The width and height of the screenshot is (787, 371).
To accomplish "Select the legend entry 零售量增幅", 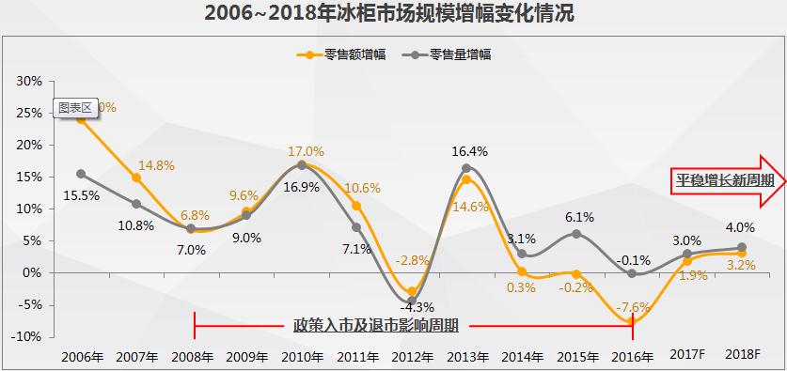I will [460, 54].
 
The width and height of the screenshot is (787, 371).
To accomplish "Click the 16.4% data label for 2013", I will [469, 150].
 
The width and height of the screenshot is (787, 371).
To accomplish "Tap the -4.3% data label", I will [411, 306].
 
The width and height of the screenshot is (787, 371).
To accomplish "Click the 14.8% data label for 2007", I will [156, 165].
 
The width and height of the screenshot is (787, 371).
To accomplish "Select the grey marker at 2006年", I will [81, 174].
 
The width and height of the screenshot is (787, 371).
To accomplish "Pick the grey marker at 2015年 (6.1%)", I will [577, 234].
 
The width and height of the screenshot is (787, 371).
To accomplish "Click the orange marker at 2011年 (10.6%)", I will [356, 206].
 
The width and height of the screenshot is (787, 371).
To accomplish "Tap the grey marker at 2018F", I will [742, 247].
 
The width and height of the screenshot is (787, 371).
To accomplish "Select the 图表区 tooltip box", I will [73, 107].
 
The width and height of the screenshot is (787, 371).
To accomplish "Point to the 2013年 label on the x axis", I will [466, 357].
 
